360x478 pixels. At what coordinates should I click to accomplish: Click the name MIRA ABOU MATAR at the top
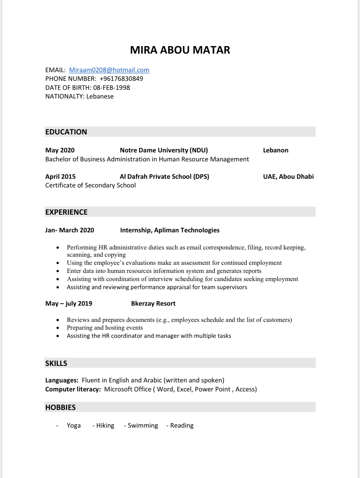pos(180,50)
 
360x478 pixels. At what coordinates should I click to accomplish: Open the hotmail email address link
pos(109,70)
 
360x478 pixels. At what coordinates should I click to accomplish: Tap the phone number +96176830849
pos(121,79)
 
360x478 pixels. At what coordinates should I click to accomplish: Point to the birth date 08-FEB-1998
pos(111,88)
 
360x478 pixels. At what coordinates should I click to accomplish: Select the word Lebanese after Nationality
pos(100,96)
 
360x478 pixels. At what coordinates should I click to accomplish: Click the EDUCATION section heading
pos(66,132)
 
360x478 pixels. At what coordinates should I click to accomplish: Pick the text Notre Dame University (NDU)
pos(164,150)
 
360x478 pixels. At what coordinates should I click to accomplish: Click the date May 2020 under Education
pos(60,150)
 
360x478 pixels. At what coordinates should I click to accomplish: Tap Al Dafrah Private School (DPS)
pos(164,177)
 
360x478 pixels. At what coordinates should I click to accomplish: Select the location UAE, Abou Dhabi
pos(288,177)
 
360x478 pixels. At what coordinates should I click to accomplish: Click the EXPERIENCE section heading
pos(66,212)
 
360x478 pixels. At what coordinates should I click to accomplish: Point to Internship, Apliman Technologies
pos(170,230)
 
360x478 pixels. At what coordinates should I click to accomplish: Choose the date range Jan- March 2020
pos(70,230)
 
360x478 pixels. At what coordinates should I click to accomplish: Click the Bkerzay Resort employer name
pos(153,304)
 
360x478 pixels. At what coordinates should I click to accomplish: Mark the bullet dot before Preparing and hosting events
pos(58,328)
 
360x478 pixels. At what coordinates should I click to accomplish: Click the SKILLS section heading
pos(56,364)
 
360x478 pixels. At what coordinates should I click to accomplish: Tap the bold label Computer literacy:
pos(73,389)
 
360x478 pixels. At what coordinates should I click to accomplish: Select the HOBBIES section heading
pos(61,408)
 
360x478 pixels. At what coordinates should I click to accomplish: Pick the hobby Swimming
pos(143,426)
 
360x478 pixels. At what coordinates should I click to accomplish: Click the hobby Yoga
pos(74,426)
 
